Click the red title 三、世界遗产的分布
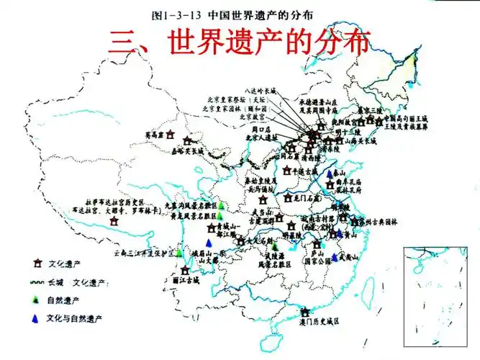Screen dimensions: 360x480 (x=240, y=42)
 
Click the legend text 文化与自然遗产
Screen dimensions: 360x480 (x=76, y=318)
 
